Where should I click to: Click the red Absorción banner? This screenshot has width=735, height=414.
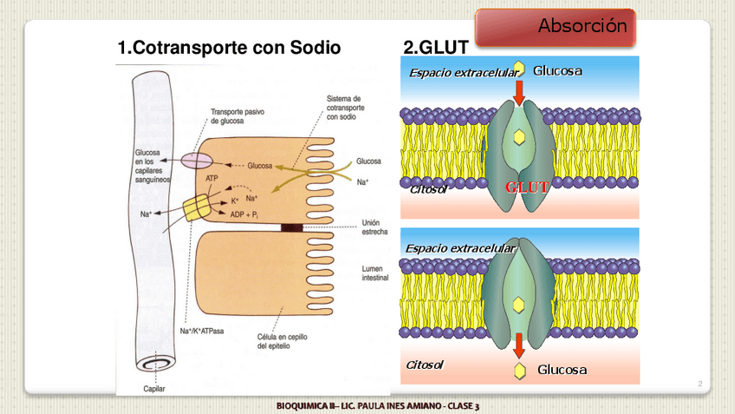coord(556,27)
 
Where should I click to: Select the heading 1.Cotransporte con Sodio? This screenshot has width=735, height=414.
coord(230,48)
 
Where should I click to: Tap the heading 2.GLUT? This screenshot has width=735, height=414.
coord(436,48)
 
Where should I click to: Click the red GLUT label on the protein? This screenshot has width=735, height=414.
coord(527,187)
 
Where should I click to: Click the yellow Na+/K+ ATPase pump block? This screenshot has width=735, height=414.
coord(196,208)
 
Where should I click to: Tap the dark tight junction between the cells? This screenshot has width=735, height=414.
coord(292,228)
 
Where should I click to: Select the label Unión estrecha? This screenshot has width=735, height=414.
coord(376,227)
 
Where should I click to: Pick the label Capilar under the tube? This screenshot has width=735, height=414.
coord(154,388)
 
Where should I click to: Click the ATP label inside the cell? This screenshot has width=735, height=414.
coord(212,178)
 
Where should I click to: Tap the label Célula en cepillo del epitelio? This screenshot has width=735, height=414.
coord(280,341)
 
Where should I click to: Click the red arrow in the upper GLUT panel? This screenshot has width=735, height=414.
coord(519,92)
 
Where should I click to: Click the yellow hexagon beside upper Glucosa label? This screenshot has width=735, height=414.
coord(519,69)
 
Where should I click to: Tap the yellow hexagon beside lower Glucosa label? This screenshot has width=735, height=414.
coord(519,371)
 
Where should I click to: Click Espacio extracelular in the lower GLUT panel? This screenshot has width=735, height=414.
coord(460,249)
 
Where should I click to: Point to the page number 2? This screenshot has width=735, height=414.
coord(699,383)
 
